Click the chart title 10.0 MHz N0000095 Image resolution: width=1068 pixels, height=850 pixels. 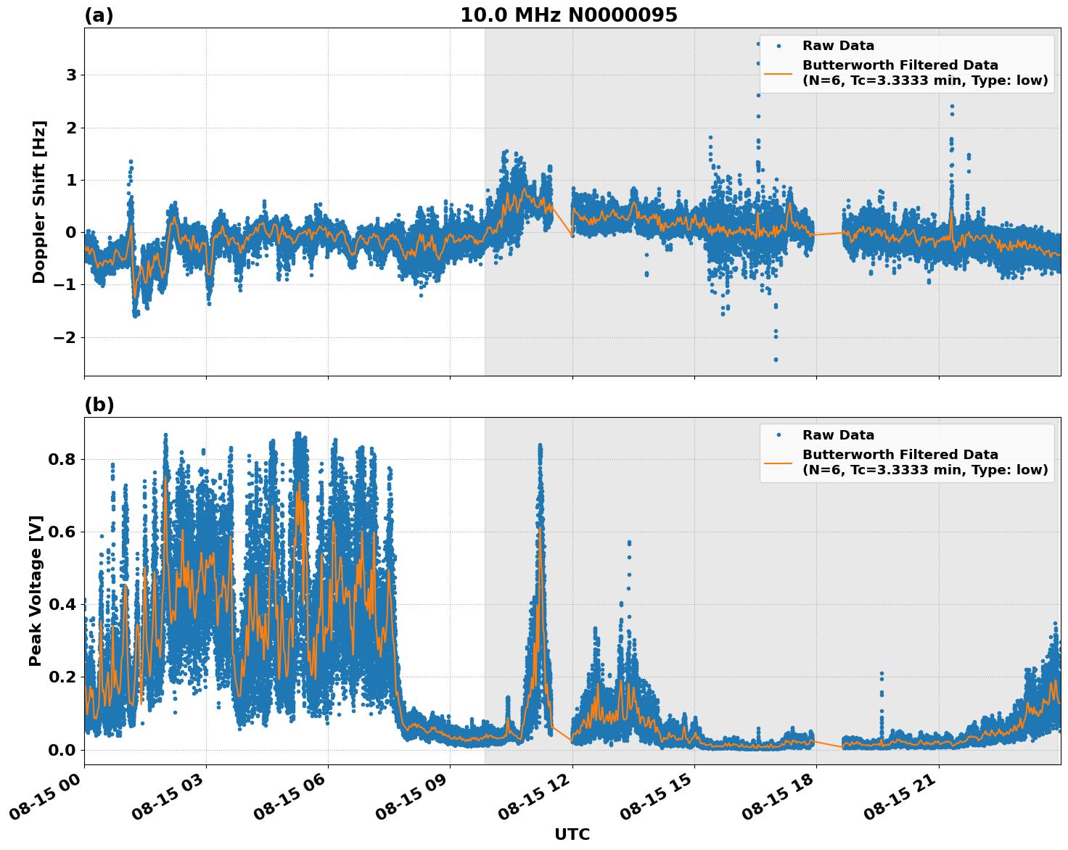pos(568,15)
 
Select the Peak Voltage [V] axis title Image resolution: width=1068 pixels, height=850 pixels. pos(36,590)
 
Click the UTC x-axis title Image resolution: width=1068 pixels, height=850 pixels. pos(572,834)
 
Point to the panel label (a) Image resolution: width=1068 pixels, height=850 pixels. pos(99,15)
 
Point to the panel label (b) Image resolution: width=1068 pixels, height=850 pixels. pos(99,405)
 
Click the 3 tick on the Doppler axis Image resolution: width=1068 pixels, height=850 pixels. pos(72,75)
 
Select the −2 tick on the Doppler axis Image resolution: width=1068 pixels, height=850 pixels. pos(66,337)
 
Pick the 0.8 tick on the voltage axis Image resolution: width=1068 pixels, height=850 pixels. pos(62,459)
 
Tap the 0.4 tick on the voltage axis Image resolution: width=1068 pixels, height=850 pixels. pos(62,604)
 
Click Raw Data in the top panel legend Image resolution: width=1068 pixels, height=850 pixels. pos(838,46)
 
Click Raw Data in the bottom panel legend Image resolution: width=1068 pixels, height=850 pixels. pos(838,435)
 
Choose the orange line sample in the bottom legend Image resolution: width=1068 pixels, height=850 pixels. pos(779,462)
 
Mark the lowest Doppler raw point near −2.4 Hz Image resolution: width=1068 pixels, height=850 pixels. pos(776,359)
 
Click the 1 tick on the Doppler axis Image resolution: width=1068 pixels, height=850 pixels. pos(72,180)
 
